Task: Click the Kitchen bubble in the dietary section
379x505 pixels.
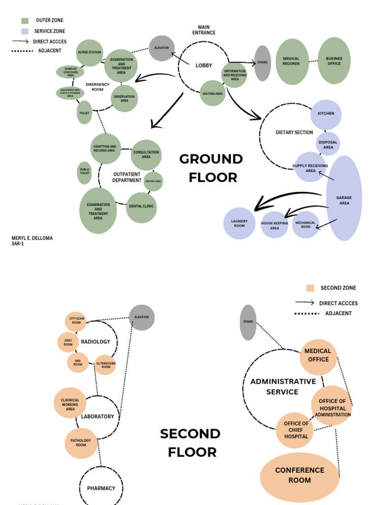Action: [326, 113]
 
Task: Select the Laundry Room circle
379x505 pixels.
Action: [239, 223]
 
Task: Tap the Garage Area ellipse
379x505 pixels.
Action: [344, 198]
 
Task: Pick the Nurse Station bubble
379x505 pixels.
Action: [89, 52]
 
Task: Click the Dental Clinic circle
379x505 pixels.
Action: [141, 207]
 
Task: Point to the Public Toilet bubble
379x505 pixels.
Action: [84, 173]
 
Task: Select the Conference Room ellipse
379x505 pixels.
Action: [300, 475]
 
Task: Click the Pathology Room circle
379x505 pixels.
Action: [81, 443]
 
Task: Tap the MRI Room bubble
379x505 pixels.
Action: [78, 362]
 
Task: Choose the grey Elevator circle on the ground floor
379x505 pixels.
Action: [161, 48]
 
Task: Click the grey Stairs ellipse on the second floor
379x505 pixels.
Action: [248, 322]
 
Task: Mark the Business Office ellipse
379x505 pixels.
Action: [334, 61]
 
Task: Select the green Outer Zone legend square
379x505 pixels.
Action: [25, 21]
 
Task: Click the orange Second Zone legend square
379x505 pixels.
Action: [310, 288]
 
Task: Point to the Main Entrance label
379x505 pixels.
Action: [204, 30]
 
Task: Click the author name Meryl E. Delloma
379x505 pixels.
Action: [32, 238]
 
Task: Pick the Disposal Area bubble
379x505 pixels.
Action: [328, 144]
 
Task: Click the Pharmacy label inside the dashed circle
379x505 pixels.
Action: [101, 488]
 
